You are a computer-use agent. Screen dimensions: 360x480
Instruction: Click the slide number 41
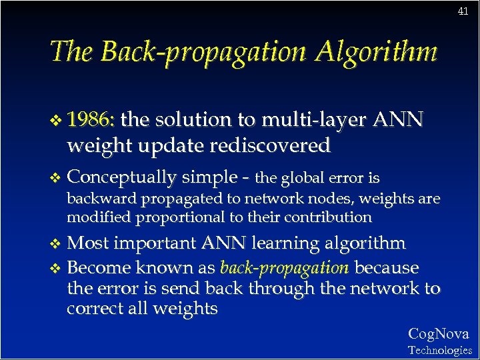463,11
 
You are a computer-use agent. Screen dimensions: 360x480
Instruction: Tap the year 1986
91,120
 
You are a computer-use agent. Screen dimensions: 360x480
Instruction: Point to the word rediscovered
272,145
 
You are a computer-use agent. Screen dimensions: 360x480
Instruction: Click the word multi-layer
314,120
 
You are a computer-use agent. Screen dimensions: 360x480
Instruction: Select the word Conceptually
122,177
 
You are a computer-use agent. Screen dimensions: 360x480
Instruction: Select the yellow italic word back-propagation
284,268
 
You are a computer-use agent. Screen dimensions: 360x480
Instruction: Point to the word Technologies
439,350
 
